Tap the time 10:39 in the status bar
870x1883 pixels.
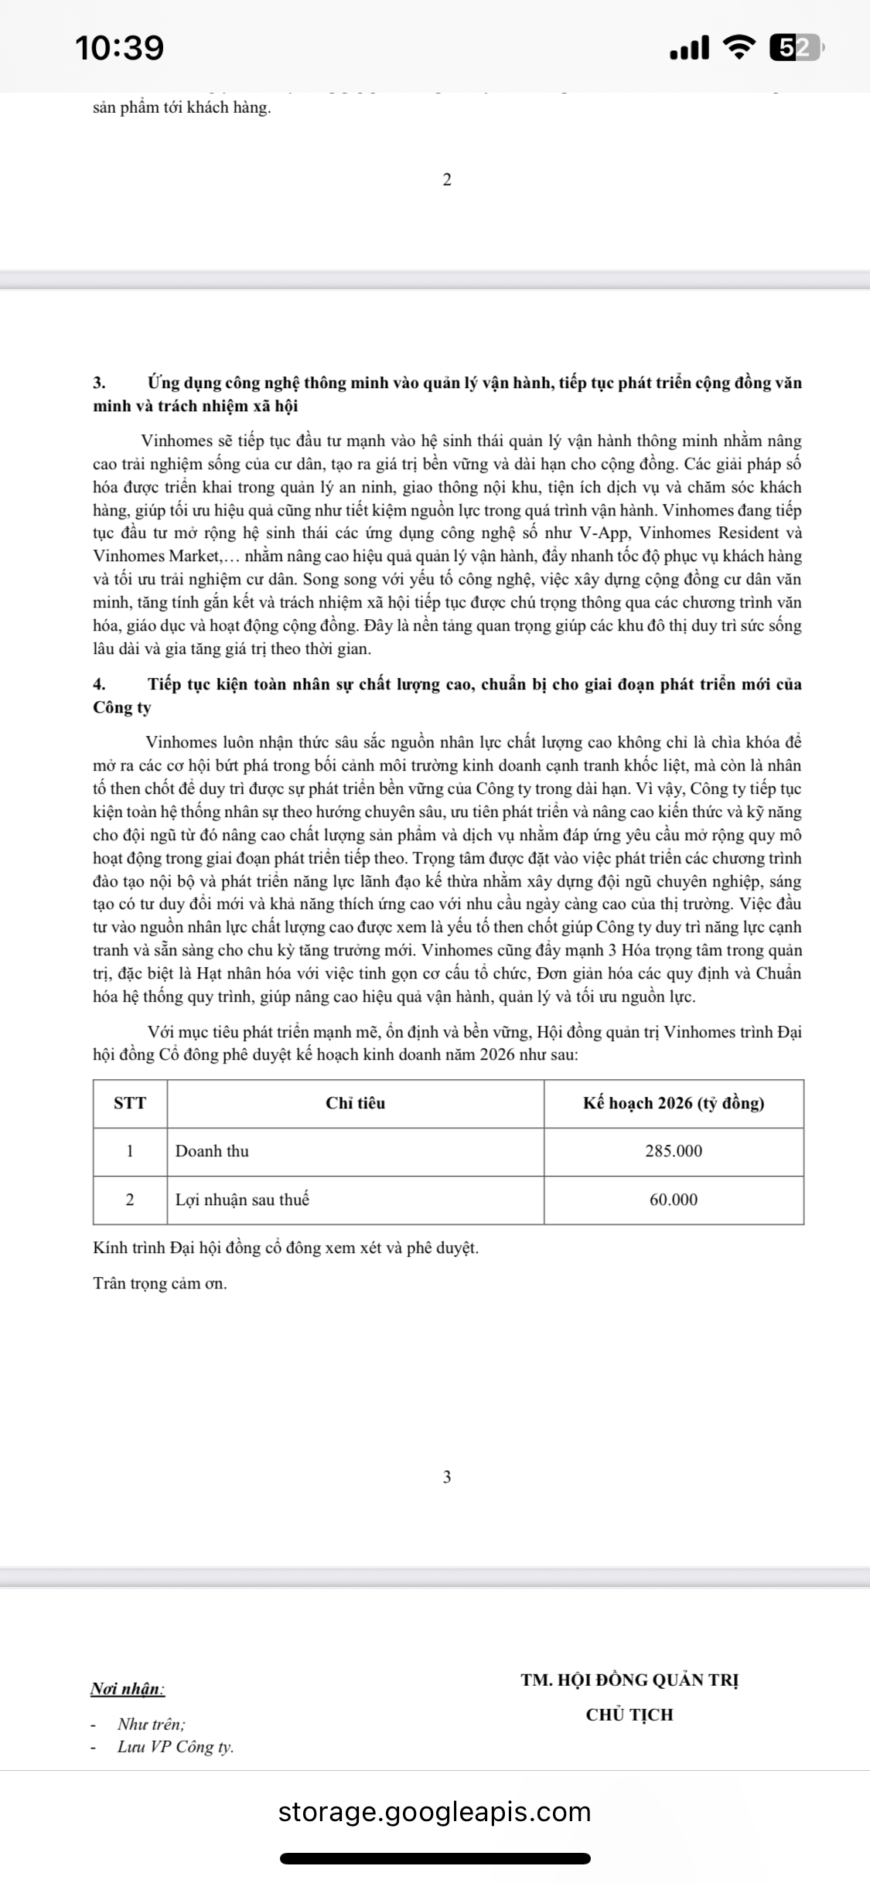point(120,48)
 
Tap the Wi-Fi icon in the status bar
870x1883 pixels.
point(740,48)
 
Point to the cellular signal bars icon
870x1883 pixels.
point(689,49)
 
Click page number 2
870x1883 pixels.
point(447,180)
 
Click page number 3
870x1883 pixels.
point(447,1477)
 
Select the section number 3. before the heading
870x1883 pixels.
point(99,383)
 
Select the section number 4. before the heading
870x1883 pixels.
point(99,685)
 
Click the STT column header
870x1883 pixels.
point(130,1103)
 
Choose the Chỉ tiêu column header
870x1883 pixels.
point(355,1103)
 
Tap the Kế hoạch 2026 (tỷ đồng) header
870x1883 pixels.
point(674,1103)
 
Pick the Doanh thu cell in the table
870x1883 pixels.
point(213,1151)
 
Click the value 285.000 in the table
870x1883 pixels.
point(674,1151)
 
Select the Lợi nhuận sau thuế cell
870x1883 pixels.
point(242,1200)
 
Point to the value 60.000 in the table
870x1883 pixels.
point(674,1200)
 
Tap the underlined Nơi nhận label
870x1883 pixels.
point(128,1689)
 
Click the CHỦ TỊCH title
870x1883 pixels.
point(629,1714)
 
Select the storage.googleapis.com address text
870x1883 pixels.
point(435,1812)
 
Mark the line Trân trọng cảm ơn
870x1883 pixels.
point(160,1284)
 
